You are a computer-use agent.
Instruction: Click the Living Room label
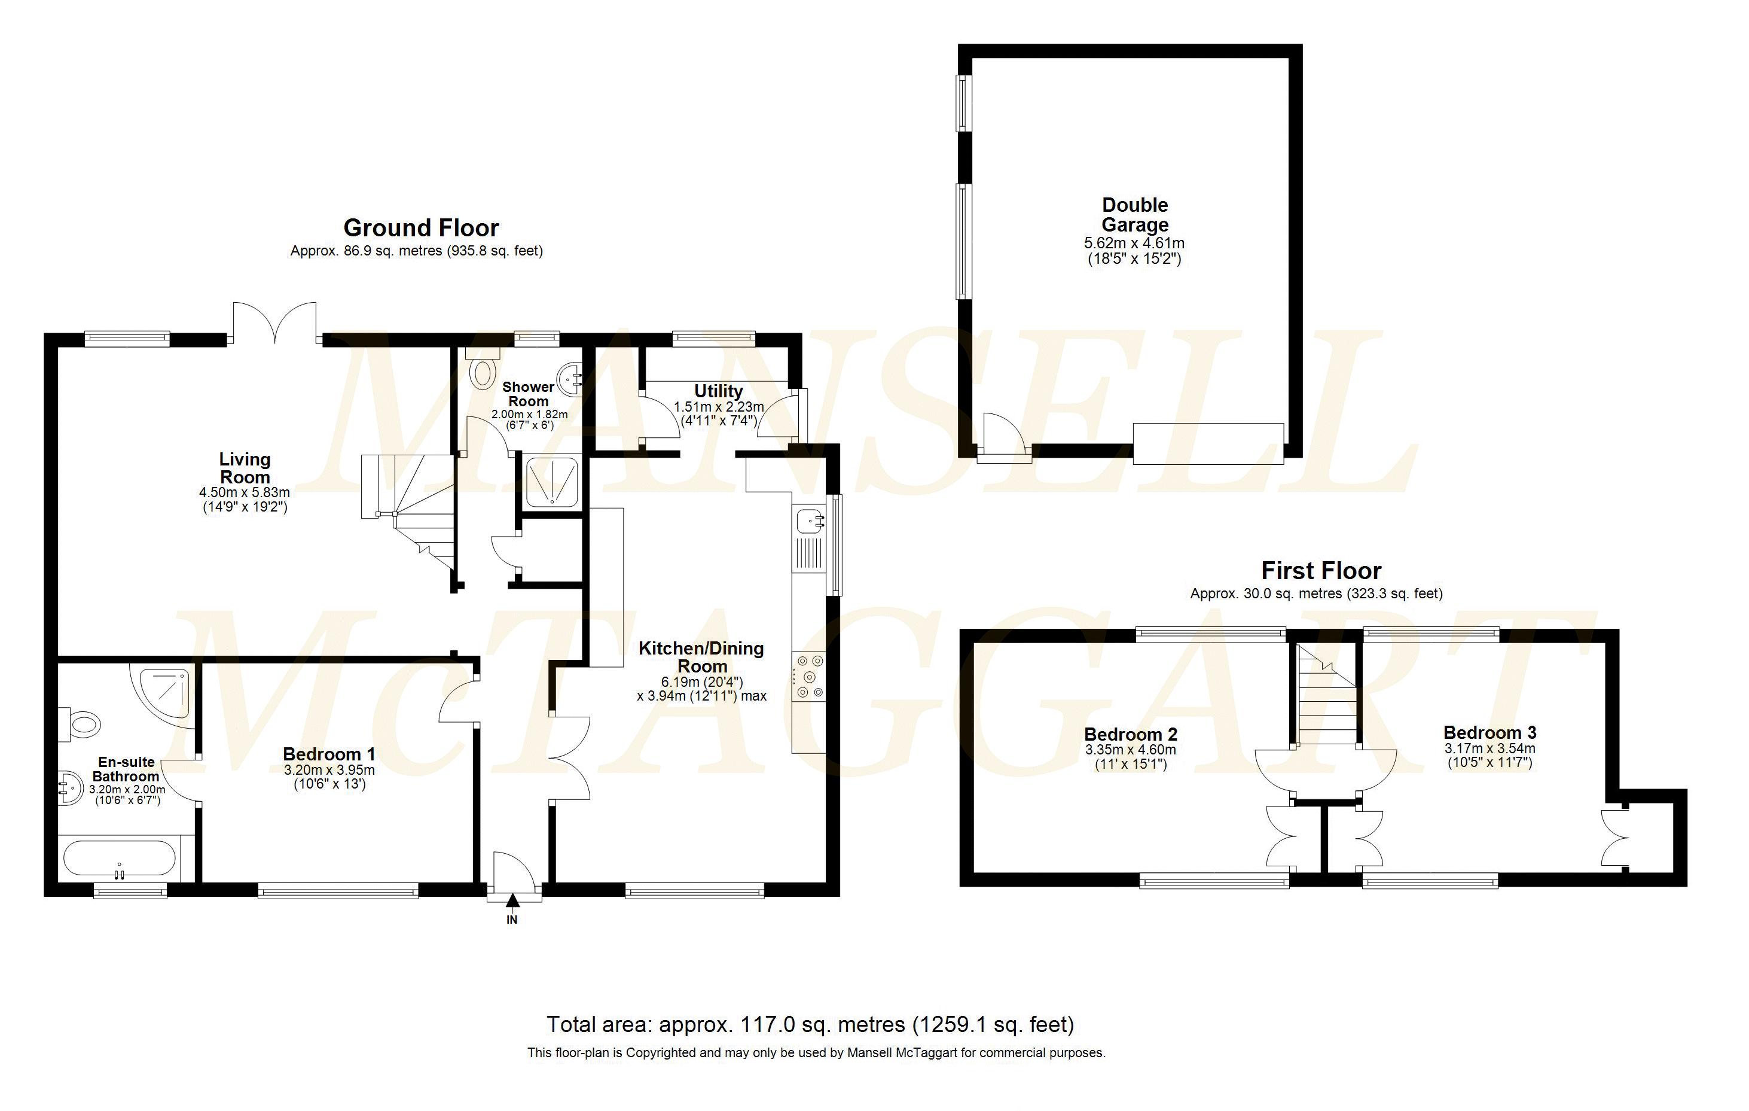coord(245,468)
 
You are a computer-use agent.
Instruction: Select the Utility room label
coord(718,391)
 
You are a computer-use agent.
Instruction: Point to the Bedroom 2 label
coord(1130,734)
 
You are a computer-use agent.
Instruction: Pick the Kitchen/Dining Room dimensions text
coord(701,689)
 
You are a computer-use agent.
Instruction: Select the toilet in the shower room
coord(483,370)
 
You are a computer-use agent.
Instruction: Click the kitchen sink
coord(810,521)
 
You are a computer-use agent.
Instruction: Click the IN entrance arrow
coord(513,902)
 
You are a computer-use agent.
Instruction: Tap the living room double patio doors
coord(274,322)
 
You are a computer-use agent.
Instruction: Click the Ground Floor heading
coord(422,228)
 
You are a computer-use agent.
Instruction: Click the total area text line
coord(810,1024)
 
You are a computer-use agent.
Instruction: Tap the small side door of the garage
coord(1003,435)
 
